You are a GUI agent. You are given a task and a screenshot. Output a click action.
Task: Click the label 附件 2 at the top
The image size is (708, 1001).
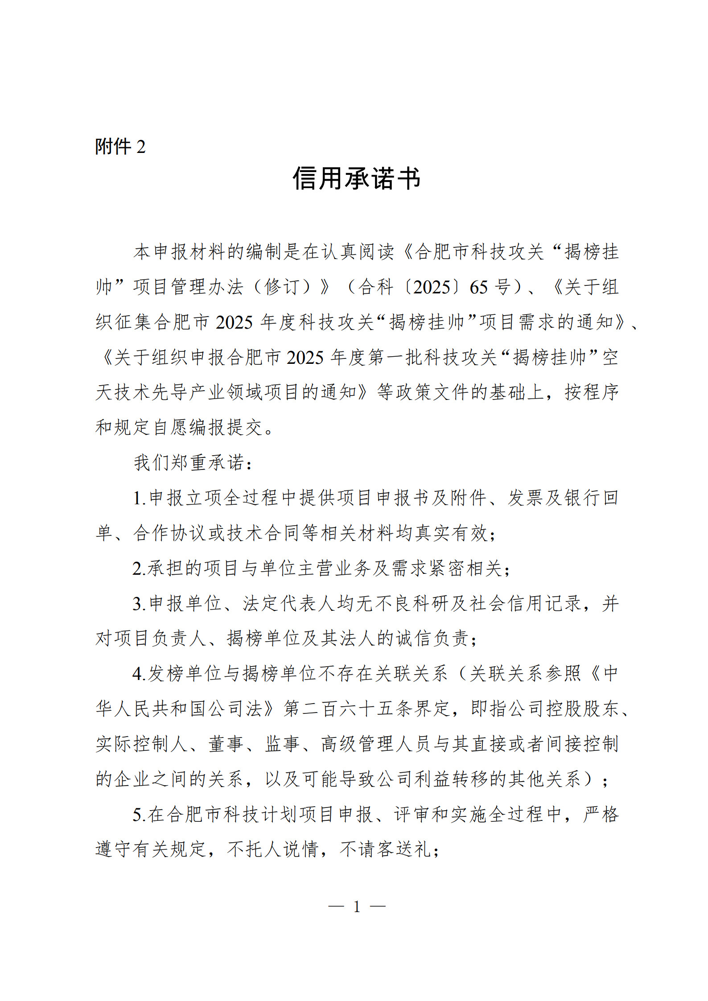(120, 147)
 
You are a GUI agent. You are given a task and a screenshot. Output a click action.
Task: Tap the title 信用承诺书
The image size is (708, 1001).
(356, 179)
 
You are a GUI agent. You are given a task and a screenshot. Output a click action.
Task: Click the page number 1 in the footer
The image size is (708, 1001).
(357, 906)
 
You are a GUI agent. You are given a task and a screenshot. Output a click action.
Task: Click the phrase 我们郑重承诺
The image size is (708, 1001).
(189, 462)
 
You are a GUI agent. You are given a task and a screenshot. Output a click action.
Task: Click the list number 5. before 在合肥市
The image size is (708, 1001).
(139, 815)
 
